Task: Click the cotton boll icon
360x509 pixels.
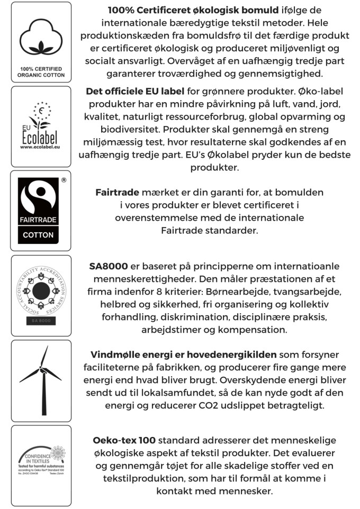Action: pyautogui.click(x=41, y=39)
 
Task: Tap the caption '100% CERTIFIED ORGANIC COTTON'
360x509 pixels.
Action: pyautogui.click(x=41, y=72)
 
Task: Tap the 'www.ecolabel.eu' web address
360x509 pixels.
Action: pyautogui.click(x=41, y=147)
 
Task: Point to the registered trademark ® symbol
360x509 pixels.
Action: pyautogui.click(x=64, y=180)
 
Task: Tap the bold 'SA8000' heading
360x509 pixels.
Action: pyautogui.click(x=109, y=266)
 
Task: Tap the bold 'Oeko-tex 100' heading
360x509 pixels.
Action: pyautogui.click(x=124, y=440)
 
